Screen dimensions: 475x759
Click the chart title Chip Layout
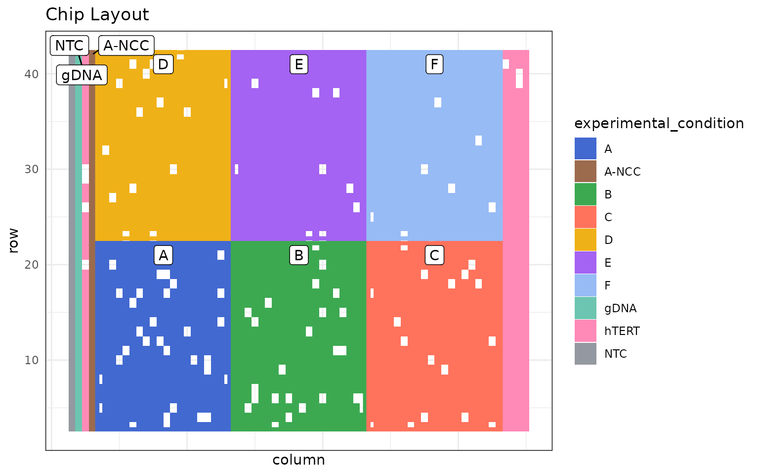[97, 15]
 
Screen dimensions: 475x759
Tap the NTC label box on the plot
[69, 46]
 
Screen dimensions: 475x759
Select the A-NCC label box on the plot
[126, 46]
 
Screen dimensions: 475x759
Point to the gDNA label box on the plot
[82, 75]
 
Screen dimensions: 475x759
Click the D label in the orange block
[163, 64]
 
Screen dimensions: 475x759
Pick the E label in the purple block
[298, 64]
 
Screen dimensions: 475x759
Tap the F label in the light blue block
[434, 64]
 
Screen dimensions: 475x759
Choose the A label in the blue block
[163, 255]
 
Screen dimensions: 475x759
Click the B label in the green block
[298, 255]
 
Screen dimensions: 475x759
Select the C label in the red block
[434, 255]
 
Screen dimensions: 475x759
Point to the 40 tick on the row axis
[32, 74]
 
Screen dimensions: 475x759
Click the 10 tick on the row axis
[32, 360]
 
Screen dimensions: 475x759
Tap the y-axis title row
[13, 240]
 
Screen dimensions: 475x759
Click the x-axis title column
[298, 460]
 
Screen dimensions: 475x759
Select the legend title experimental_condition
[659, 123]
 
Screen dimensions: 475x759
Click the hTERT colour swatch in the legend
[585, 331]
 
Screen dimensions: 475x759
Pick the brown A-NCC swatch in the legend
[585, 172]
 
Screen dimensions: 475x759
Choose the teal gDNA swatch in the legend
[585, 308]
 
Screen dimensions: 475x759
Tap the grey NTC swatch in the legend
[585, 354]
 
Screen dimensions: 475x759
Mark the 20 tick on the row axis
[32, 264]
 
